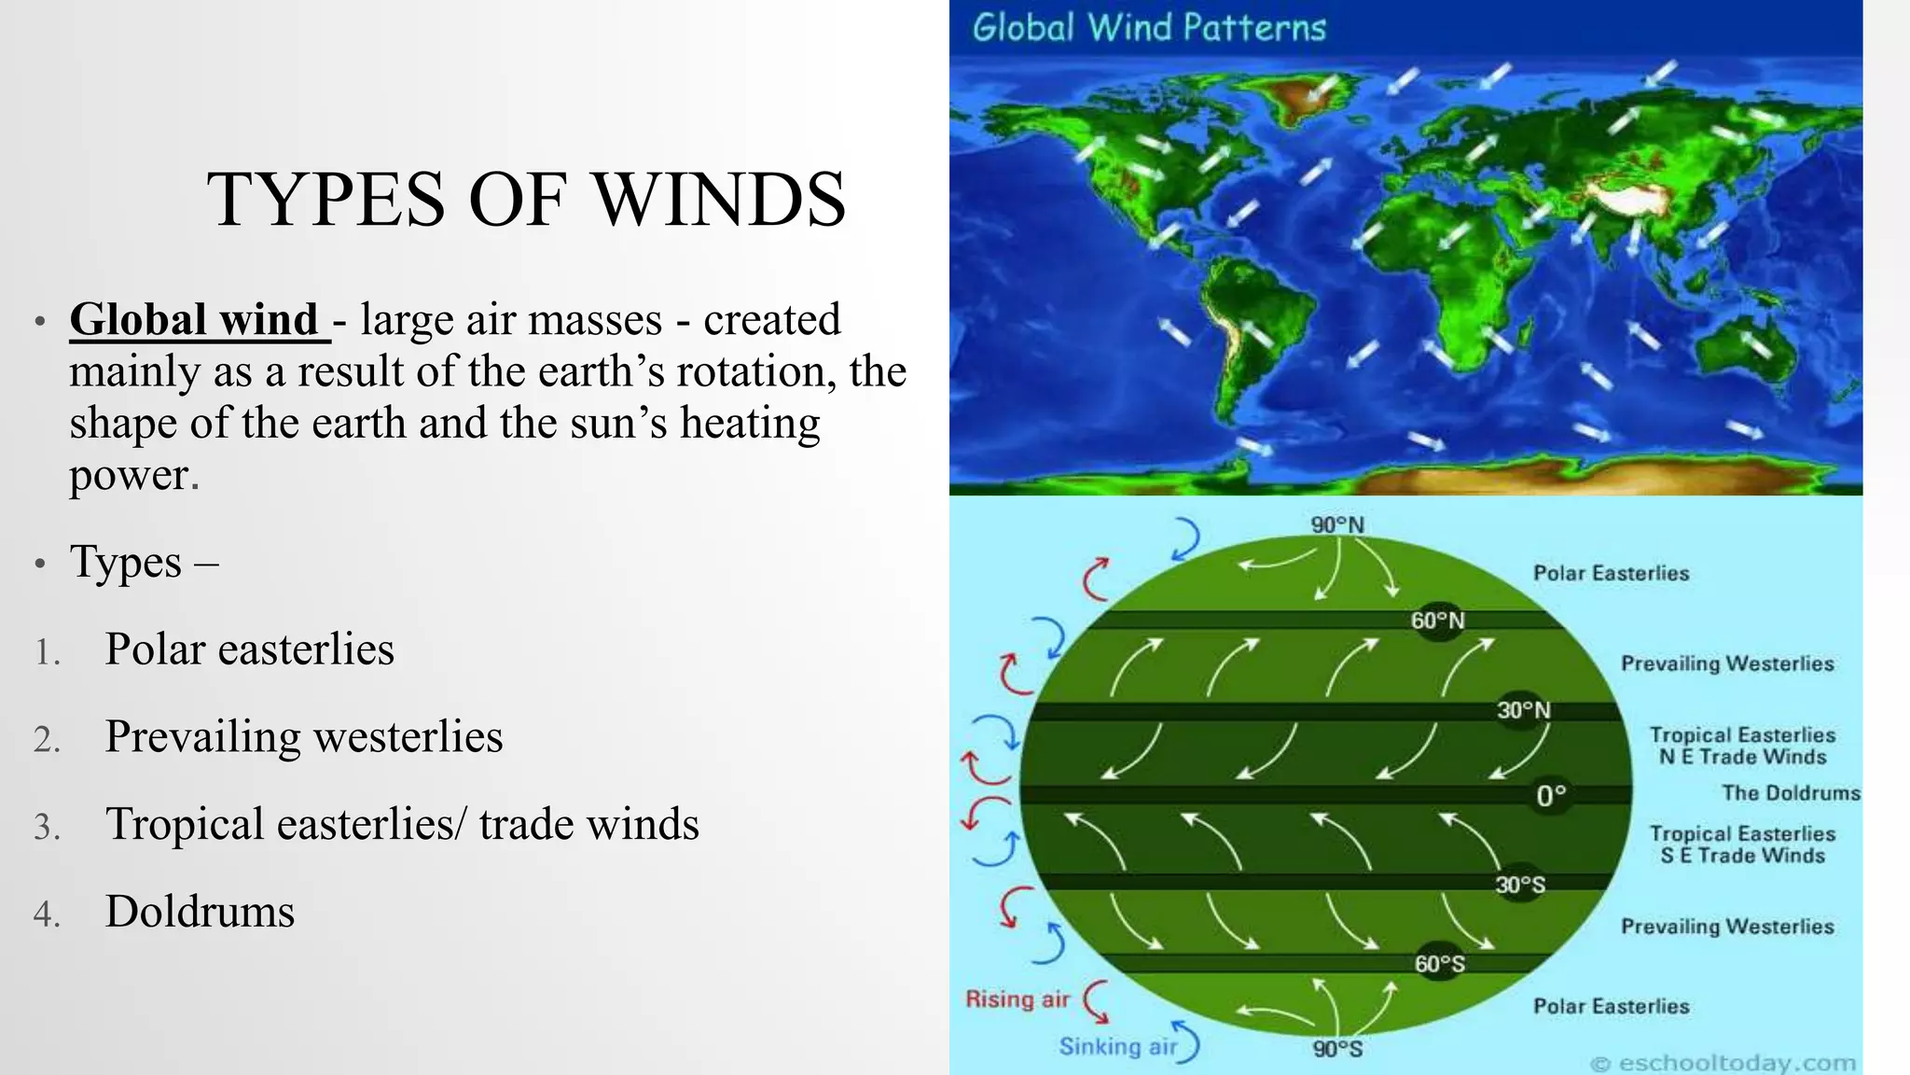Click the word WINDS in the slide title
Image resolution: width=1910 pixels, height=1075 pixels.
coord(719,200)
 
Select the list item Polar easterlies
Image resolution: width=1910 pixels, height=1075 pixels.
coord(249,649)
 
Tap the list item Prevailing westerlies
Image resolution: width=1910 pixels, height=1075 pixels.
coord(303,737)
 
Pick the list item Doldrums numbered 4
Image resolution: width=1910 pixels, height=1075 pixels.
coord(200,912)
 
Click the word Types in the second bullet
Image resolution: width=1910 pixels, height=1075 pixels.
coord(126,563)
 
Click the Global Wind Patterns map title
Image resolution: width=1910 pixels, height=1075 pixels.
coord(1148,28)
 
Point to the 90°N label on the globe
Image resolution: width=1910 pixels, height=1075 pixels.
coord(1336,525)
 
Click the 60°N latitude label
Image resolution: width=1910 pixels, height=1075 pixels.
coord(1437,621)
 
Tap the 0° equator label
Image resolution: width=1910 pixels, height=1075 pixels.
coord(1551,796)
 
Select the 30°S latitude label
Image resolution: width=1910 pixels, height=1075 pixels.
coord(1520,885)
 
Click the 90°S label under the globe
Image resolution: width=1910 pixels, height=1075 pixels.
coord(1337,1050)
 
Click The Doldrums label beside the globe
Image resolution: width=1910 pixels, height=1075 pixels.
coord(1790,793)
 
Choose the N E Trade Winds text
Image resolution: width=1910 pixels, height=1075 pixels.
coord(1742,757)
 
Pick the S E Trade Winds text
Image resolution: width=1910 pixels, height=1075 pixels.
coord(1742,856)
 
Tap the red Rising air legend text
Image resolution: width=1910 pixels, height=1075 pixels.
coord(1017,999)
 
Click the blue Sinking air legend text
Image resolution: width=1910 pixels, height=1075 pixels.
coord(1117,1047)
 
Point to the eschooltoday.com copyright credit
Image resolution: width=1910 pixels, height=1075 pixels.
coord(1723,1063)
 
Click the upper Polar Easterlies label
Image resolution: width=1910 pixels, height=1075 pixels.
coord(1611,573)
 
